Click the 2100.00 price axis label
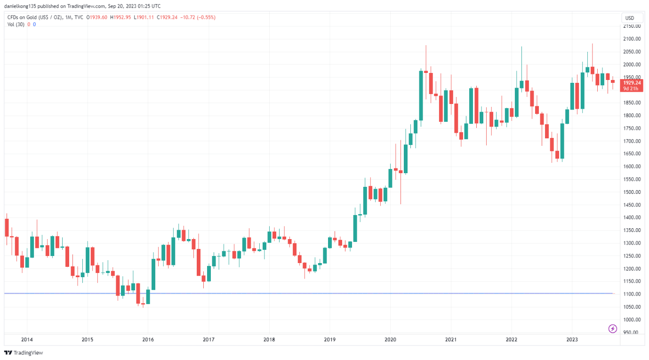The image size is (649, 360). pyautogui.click(x=632, y=39)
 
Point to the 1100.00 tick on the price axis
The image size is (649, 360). pyautogui.click(x=632, y=294)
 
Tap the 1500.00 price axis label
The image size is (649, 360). pyautogui.click(x=632, y=192)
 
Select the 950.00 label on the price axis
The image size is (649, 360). pyautogui.click(x=632, y=332)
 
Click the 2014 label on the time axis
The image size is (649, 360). pyautogui.click(x=27, y=339)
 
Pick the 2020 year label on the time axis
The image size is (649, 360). pyautogui.click(x=390, y=339)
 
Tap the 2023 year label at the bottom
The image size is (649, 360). pyautogui.click(x=572, y=339)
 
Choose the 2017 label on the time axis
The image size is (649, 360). pyautogui.click(x=208, y=339)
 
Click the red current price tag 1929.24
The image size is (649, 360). pyautogui.click(x=632, y=83)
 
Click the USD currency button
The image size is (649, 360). pyautogui.click(x=630, y=18)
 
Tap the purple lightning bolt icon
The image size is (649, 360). pyautogui.click(x=612, y=328)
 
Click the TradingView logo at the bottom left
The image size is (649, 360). pyautogui.click(x=24, y=353)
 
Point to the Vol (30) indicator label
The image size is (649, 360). pyautogui.click(x=16, y=24)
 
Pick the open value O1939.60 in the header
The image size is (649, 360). pyautogui.click(x=97, y=17)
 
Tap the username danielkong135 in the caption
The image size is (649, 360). pyautogui.click(x=22, y=6)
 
